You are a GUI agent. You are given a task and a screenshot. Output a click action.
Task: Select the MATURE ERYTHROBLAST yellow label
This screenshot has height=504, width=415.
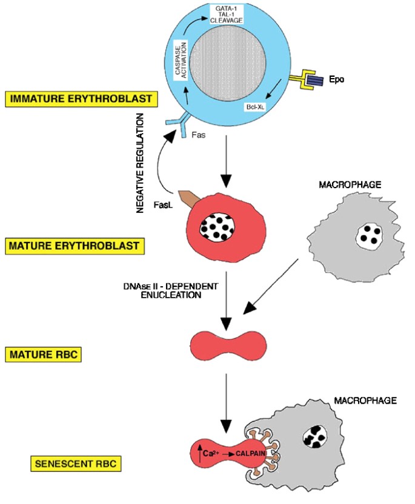pyautogui.click(x=75, y=246)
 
